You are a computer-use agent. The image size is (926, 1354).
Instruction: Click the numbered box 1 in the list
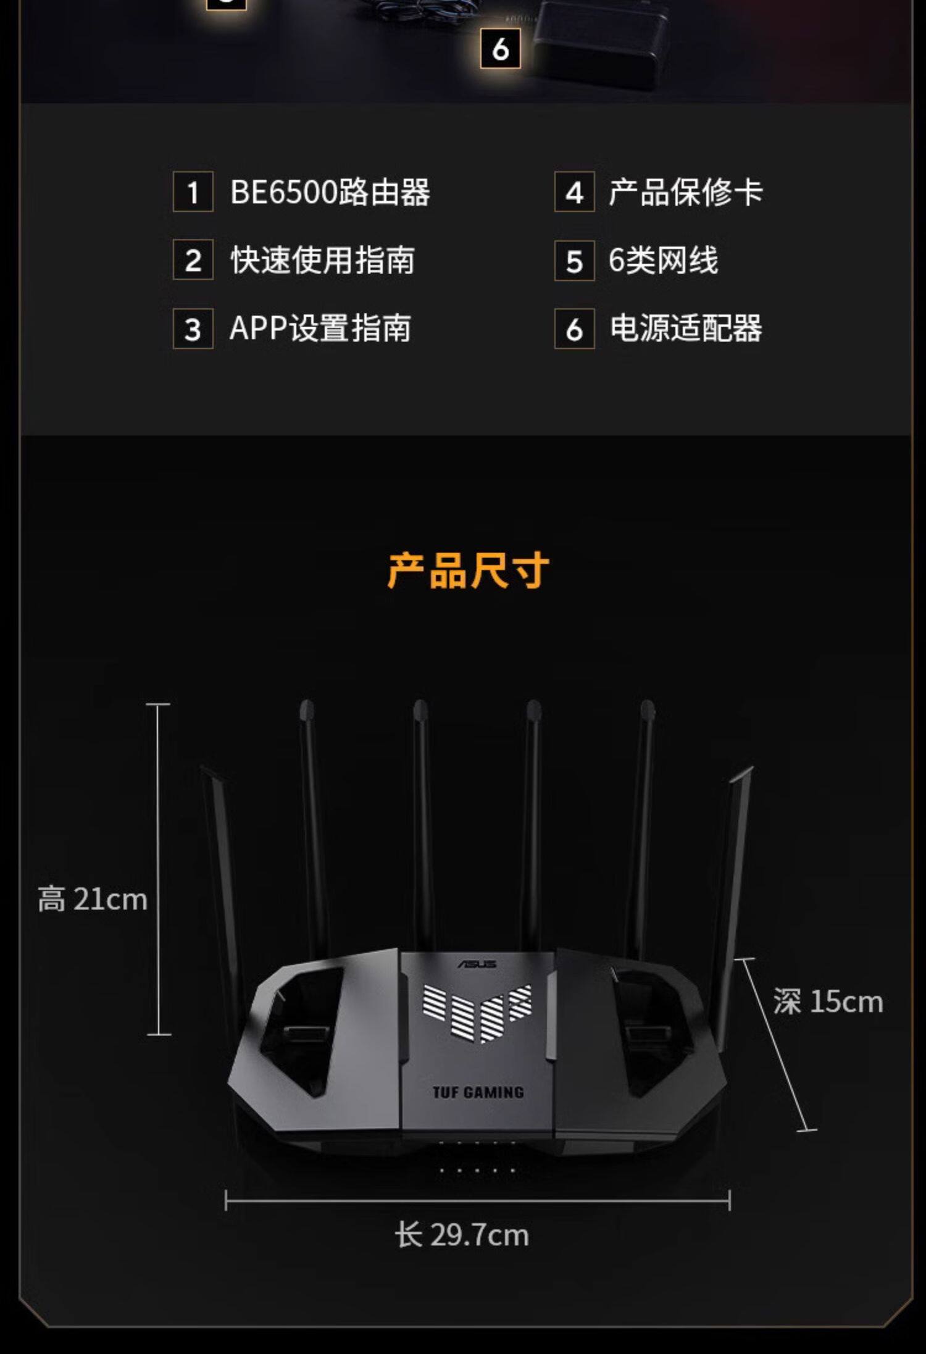tap(193, 192)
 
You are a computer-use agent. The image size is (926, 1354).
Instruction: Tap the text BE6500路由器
tap(330, 192)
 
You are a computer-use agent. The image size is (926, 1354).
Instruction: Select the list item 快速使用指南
tap(322, 260)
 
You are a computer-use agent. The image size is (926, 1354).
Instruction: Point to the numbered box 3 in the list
tap(193, 328)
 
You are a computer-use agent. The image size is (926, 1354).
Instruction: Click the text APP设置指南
tap(320, 328)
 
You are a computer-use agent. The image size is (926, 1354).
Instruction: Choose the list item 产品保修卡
tap(685, 192)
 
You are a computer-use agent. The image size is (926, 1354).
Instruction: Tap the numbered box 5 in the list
tap(574, 261)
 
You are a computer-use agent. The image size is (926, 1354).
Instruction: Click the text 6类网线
tap(663, 260)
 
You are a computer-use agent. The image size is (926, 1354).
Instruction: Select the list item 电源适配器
tap(685, 328)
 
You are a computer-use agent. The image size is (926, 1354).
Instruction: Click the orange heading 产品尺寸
tap(468, 570)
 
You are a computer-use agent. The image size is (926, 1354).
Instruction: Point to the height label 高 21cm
tap(93, 899)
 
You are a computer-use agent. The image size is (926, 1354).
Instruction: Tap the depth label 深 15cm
tap(827, 1001)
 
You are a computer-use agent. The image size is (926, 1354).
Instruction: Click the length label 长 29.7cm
tap(462, 1235)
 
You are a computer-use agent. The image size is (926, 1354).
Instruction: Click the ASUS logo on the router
tap(477, 964)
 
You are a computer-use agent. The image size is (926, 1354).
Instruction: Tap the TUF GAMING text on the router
tap(478, 1092)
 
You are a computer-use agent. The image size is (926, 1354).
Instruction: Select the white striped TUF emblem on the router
tap(477, 1010)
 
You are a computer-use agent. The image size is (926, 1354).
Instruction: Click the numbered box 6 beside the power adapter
tap(500, 49)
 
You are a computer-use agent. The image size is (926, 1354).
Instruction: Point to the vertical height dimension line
tap(159, 864)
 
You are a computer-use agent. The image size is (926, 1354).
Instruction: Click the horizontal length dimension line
tap(477, 1201)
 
